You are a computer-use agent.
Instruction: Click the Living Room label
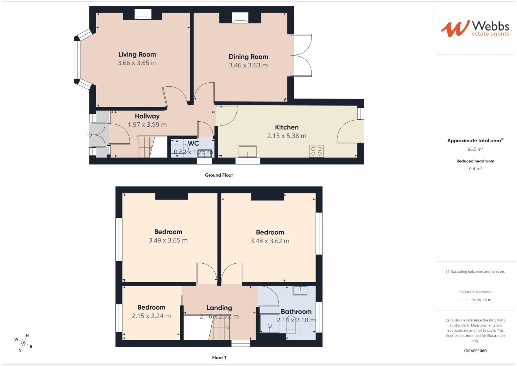pyautogui.click(x=137, y=54)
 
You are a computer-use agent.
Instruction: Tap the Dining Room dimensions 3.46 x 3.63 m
pyautogui.click(x=248, y=65)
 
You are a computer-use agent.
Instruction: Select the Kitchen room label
pyautogui.click(x=287, y=127)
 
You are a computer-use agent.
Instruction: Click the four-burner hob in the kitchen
pyautogui.click(x=317, y=151)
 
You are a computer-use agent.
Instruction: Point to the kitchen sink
pyautogui.click(x=247, y=151)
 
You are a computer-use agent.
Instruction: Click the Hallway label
pyautogui.click(x=147, y=116)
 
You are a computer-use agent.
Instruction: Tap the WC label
pyautogui.click(x=193, y=143)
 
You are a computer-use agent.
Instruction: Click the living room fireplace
pyautogui.click(x=143, y=14)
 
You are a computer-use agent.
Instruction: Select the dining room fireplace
pyautogui.click(x=240, y=18)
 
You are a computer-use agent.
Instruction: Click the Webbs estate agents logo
pyautogui.click(x=475, y=28)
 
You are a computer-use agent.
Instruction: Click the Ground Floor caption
pyautogui.click(x=219, y=175)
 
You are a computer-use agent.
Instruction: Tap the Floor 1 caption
pyautogui.click(x=219, y=358)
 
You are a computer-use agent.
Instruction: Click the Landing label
pyautogui.click(x=219, y=308)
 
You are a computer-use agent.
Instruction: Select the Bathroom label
pyautogui.click(x=296, y=311)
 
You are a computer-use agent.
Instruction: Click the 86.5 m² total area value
pyautogui.click(x=475, y=149)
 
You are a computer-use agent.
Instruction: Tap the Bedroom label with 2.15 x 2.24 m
pyautogui.click(x=151, y=307)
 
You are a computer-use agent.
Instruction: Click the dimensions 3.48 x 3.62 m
pyautogui.click(x=270, y=241)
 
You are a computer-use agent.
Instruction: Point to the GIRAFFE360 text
pyautogui.click(x=475, y=351)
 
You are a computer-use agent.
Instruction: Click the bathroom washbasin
pyautogui.click(x=300, y=290)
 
